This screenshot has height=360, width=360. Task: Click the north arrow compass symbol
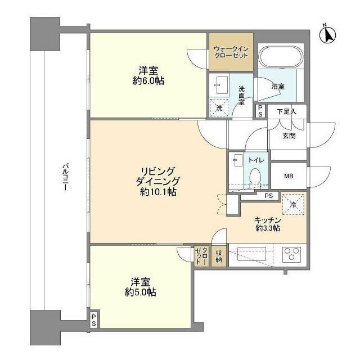(x=327, y=35)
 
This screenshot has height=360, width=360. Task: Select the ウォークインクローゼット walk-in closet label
(x=231, y=52)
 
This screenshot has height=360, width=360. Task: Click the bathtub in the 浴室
(x=281, y=57)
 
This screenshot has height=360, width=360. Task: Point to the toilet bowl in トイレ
(x=255, y=177)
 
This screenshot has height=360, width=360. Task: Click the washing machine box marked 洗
(x=219, y=108)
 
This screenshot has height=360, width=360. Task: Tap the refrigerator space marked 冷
(x=293, y=204)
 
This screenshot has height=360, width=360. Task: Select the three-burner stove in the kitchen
(x=291, y=253)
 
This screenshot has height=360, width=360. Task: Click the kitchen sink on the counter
(x=251, y=254)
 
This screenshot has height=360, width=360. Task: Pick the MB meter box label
(x=289, y=176)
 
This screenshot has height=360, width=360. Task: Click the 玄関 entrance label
(x=289, y=136)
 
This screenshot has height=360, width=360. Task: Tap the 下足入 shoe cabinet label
(x=286, y=112)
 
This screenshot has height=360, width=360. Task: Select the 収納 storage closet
(x=219, y=256)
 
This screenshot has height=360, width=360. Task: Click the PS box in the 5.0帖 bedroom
(x=94, y=320)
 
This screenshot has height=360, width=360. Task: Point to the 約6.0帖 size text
(x=148, y=81)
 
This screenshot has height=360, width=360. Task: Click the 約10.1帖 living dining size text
(x=159, y=192)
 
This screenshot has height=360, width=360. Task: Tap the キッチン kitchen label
(x=268, y=220)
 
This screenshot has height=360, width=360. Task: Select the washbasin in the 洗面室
(x=222, y=85)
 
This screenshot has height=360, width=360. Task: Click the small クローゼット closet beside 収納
(x=201, y=256)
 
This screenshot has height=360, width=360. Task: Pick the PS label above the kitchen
(x=269, y=196)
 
